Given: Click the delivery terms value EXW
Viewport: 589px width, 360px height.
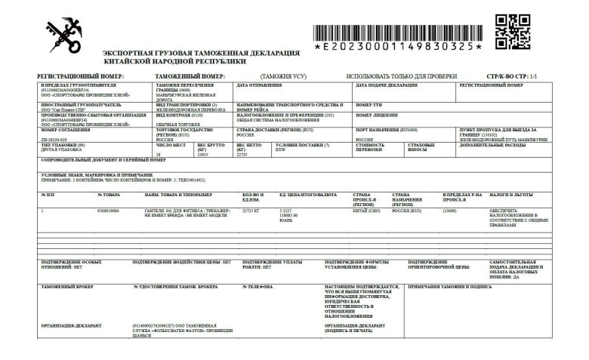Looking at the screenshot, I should click(x=281, y=149).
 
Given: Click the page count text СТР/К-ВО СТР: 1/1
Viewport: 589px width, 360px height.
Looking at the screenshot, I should click(x=512, y=76).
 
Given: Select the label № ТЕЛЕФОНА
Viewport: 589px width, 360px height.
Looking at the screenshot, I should click(x=259, y=288).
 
